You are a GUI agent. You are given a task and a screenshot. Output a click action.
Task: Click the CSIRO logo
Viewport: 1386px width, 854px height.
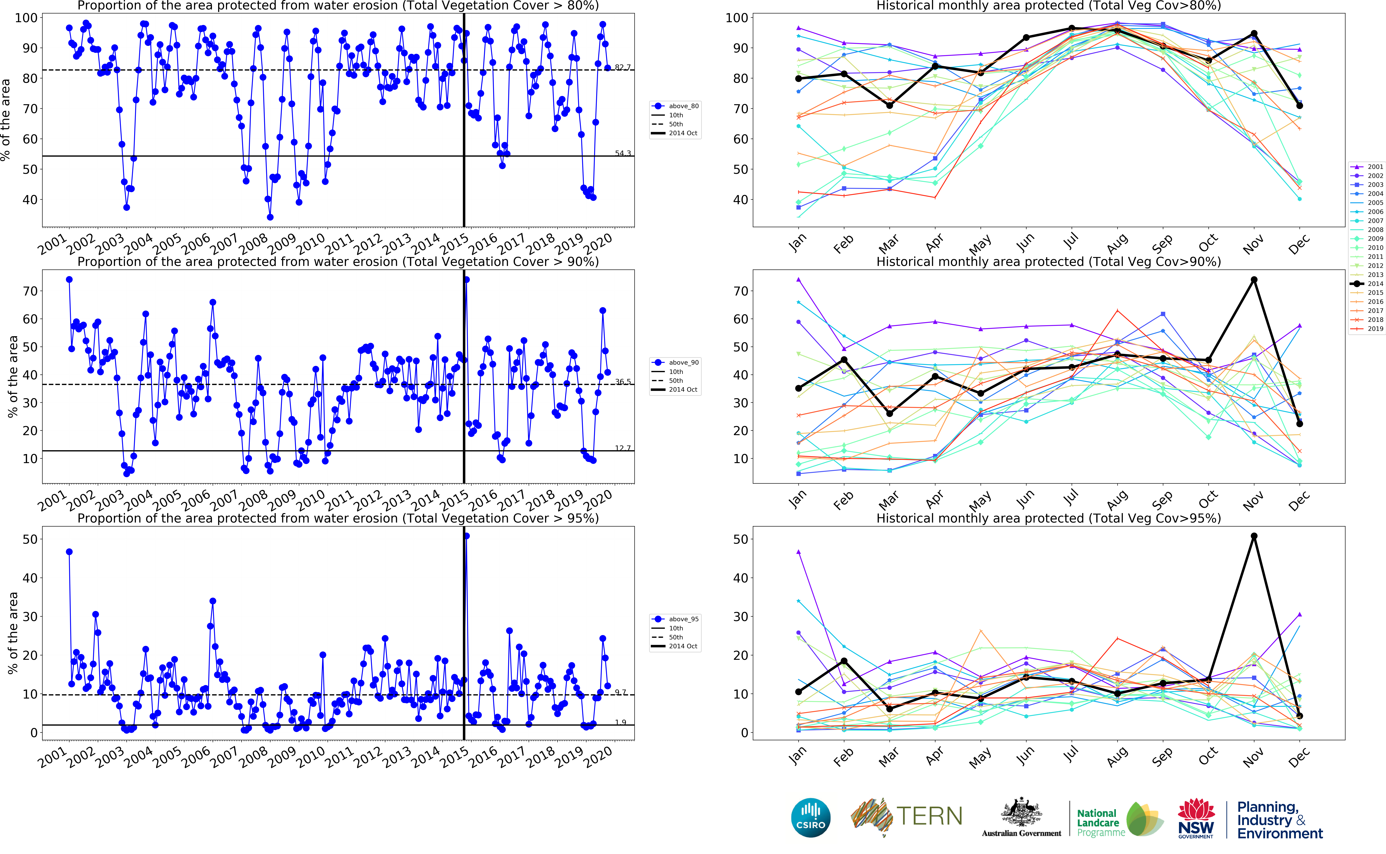pos(811,817)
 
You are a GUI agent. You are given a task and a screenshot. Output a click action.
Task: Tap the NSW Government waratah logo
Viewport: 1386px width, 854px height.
pos(1196,811)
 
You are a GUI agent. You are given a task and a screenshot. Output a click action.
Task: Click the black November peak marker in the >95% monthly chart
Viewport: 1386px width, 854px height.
pos(1254,536)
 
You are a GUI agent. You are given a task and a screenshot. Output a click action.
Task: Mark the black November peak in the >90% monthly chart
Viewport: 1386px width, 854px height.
pos(1254,280)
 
